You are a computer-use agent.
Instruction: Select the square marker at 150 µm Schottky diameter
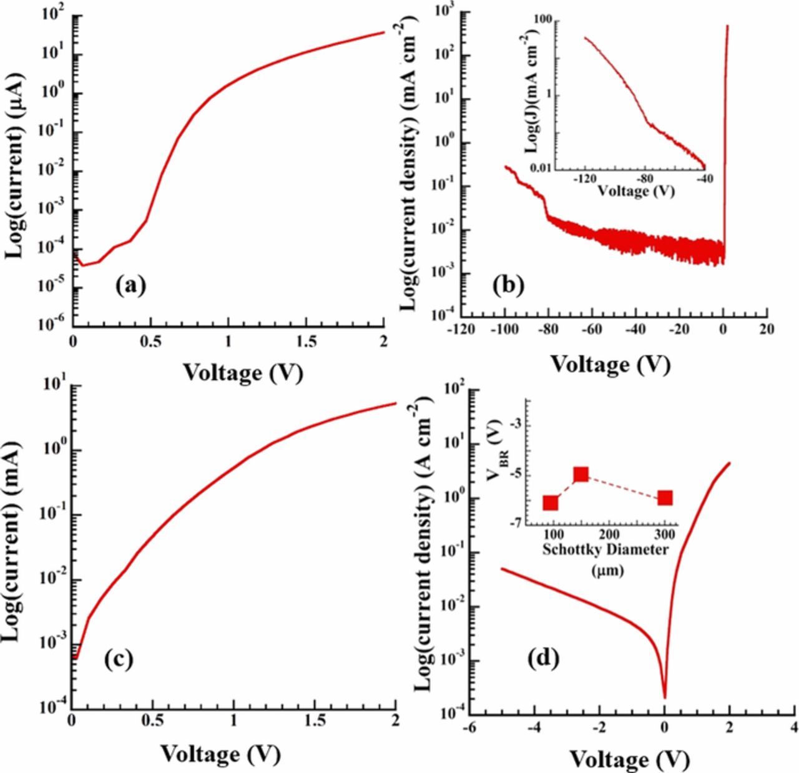581,475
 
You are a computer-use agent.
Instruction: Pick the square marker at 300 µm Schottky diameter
665,498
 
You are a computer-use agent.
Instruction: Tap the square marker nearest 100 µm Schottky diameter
551,503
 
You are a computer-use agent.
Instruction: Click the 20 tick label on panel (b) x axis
767,330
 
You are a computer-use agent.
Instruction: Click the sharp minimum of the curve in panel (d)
665,697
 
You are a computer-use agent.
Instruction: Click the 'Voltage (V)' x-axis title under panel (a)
243,373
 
